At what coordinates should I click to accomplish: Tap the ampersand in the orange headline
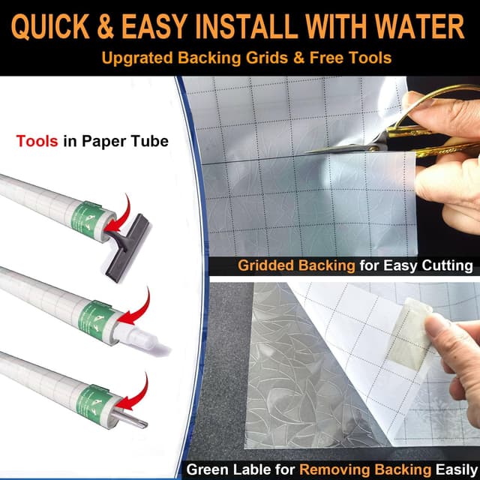pos(105,27)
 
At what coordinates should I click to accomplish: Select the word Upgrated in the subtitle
pos(137,58)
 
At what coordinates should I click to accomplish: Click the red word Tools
pos(37,141)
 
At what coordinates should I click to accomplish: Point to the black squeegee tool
pos(127,247)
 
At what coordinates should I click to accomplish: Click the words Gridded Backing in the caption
pos(296,265)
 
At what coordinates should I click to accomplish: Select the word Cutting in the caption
pos(447,265)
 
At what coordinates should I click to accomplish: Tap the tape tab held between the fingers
pos(409,334)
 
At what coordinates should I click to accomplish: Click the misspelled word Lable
pos(253,469)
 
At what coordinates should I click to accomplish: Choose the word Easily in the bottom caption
pos(456,469)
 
